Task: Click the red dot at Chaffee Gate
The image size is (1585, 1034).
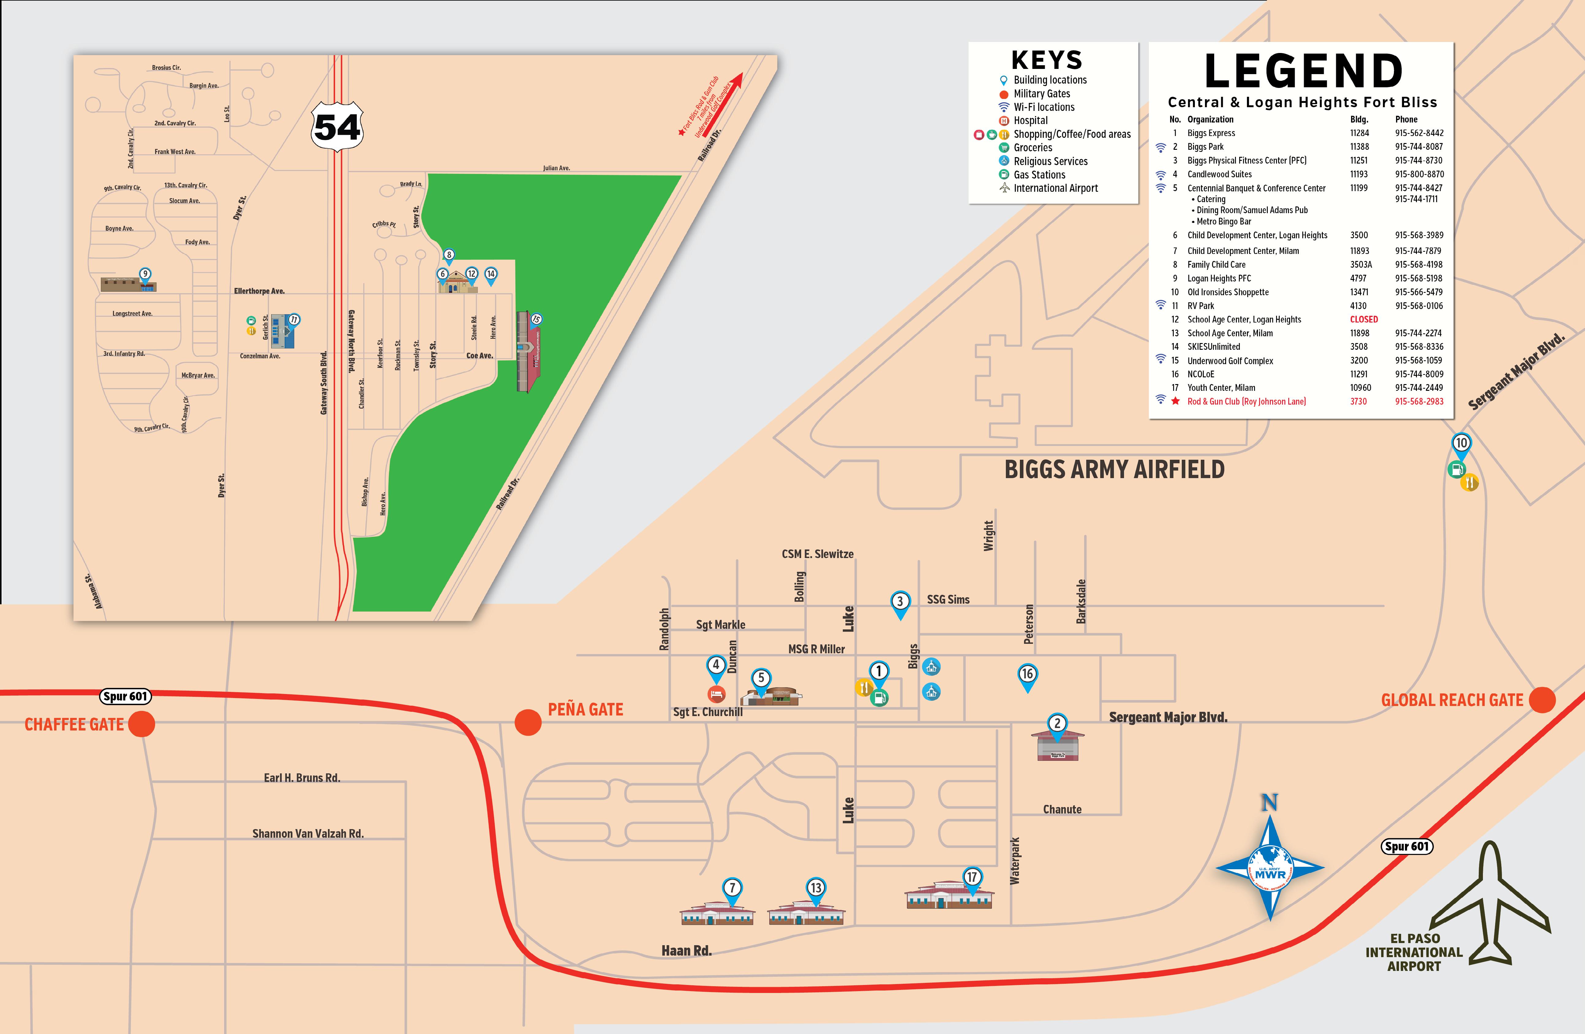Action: click(141, 723)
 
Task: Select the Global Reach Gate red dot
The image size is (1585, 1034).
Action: click(1542, 700)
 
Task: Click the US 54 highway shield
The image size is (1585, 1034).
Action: click(338, 126)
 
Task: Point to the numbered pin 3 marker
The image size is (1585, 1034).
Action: click(900, 602)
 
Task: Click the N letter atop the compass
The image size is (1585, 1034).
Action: click(1269, 803)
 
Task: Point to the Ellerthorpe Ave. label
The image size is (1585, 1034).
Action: click(259, 291)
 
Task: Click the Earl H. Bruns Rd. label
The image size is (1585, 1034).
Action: click(302, 778)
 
